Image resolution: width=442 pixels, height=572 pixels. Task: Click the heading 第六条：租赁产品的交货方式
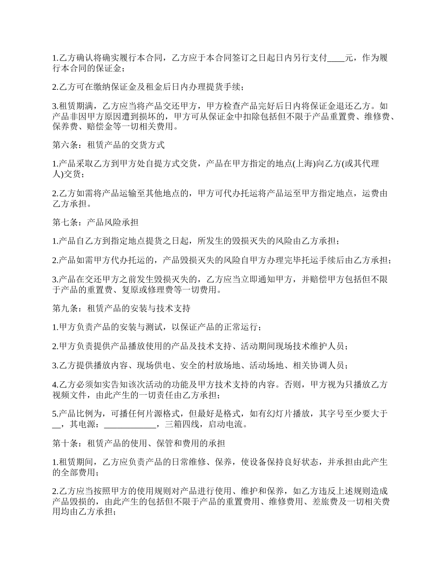[108, 145]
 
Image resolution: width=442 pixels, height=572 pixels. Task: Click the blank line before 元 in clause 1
[336, 58]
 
